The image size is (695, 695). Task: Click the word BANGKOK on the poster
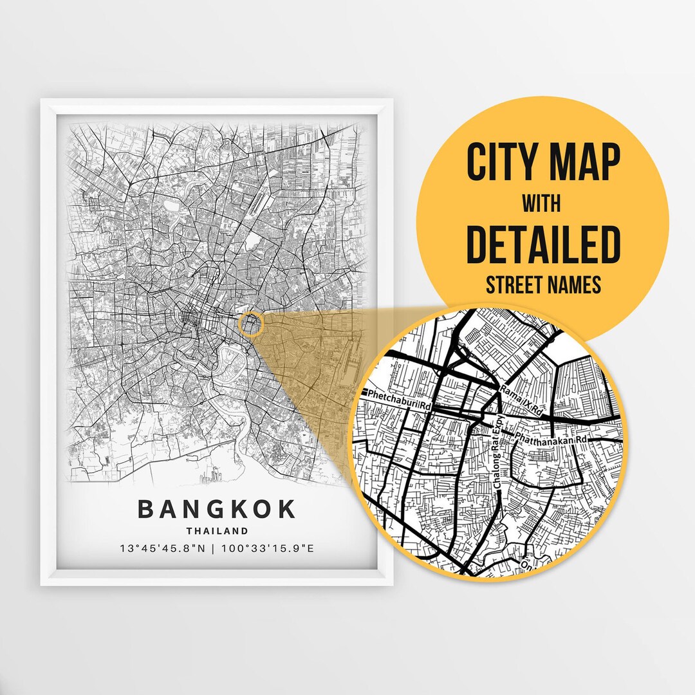[x=217, y=509]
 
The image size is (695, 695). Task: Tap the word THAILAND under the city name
[x=217, y=531]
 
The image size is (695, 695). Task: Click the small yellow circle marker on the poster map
[x=251, y=324]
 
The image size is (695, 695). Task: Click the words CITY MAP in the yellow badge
[x=544, y=163]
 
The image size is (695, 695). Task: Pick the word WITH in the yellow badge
[x=542, y=204]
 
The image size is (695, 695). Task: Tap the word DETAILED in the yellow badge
[x=544, y=244]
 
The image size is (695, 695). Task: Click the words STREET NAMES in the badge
[x=543, y=283]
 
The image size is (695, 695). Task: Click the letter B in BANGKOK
[x=146, y=509]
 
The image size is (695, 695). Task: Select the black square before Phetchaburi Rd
[x=364, y=392]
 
